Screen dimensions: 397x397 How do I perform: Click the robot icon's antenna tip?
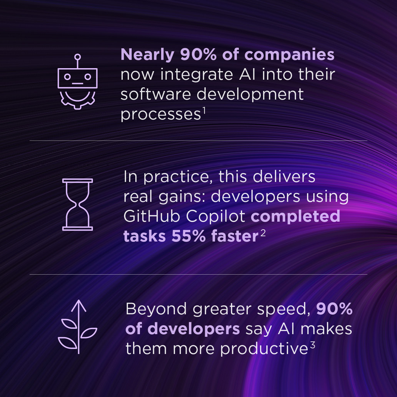[x=78, y=57]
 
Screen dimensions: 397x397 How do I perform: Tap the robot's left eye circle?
[x=67, y=77]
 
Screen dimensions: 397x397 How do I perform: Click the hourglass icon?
[x=78, y=204]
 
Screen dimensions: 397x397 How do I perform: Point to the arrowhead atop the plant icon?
[x=78, y=304]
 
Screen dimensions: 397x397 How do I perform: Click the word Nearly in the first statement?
[x=147, y=55]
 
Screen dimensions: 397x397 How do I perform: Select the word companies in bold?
[x=289, y=55]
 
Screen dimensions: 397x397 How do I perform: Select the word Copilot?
[x=215, y=216]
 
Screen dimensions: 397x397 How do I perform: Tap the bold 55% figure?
[x=188, y=236]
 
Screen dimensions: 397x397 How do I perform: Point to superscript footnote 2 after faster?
[x=263, y=233]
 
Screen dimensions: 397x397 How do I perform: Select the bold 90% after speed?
[x=334, y=309]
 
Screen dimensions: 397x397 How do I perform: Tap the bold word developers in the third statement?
[x=194, y=329]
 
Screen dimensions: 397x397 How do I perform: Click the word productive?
[x=264, y=349]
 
